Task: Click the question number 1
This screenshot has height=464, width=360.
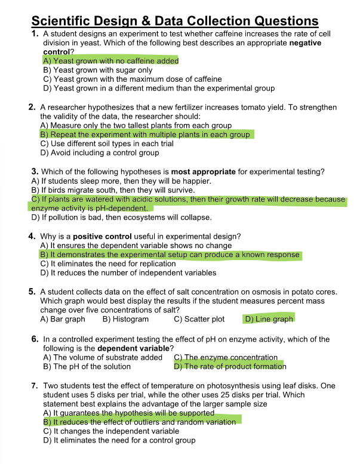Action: [35, 35]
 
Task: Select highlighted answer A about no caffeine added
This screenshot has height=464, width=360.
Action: [111, 61]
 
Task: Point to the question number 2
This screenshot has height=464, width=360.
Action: [32, 107]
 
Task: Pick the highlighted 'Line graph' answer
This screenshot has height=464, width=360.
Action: [269, 319]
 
